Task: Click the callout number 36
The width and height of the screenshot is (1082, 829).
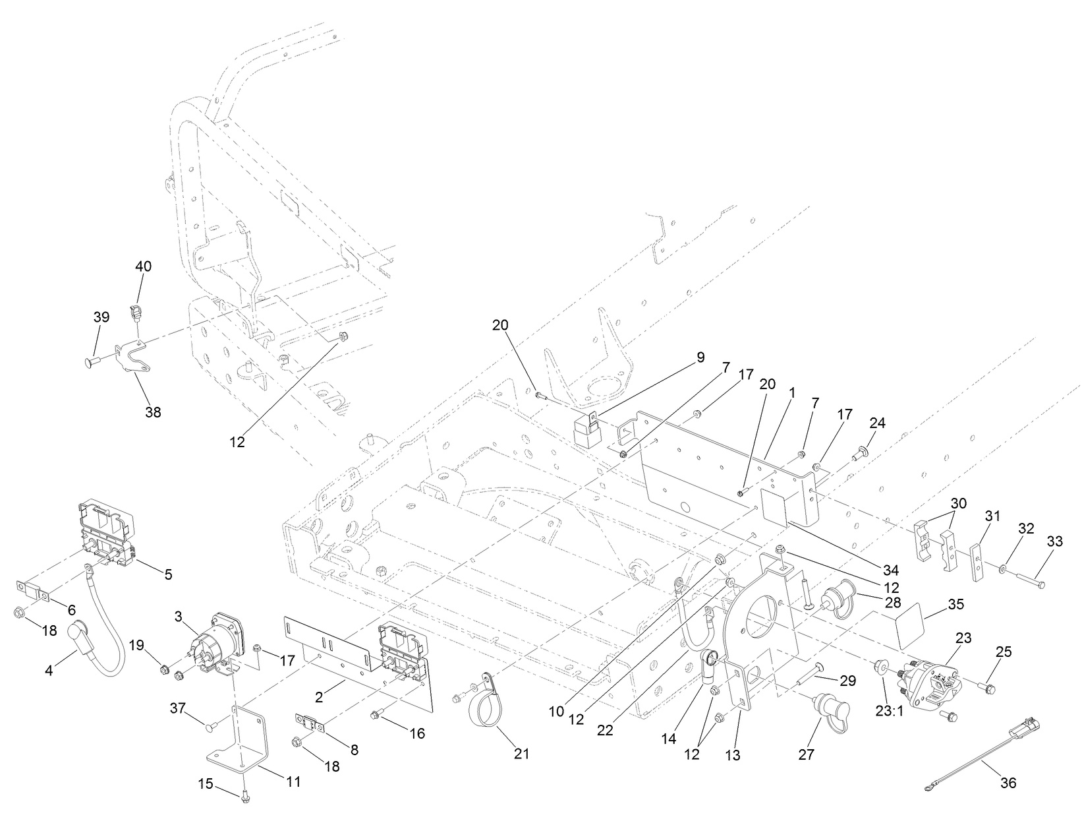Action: coord(1008,783)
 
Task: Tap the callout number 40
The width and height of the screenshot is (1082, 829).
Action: coord(143,266)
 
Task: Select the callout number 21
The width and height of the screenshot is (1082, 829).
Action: coord(521,753)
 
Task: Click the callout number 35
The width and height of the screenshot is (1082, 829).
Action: coord(956,604)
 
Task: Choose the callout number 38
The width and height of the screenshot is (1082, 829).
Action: coord(153,413)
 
